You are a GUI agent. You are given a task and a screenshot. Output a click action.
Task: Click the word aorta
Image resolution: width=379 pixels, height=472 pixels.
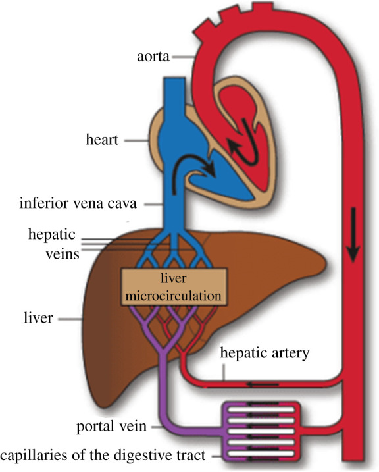point(153,58)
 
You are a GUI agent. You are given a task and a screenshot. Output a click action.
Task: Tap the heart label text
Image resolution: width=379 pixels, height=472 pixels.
point(103,140)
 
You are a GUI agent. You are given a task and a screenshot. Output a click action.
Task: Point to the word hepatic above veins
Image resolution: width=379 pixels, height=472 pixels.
point(52,234)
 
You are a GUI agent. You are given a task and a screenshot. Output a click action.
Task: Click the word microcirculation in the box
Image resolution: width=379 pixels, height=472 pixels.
point(174,296)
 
